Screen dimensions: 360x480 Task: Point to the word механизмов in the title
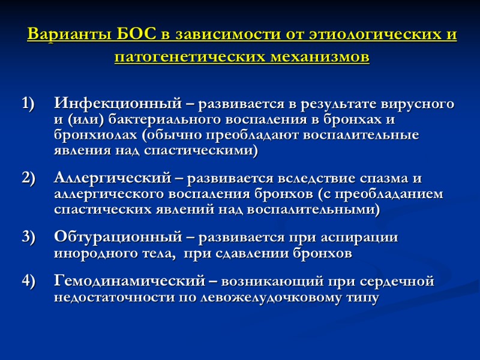click(x=315, y=58)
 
